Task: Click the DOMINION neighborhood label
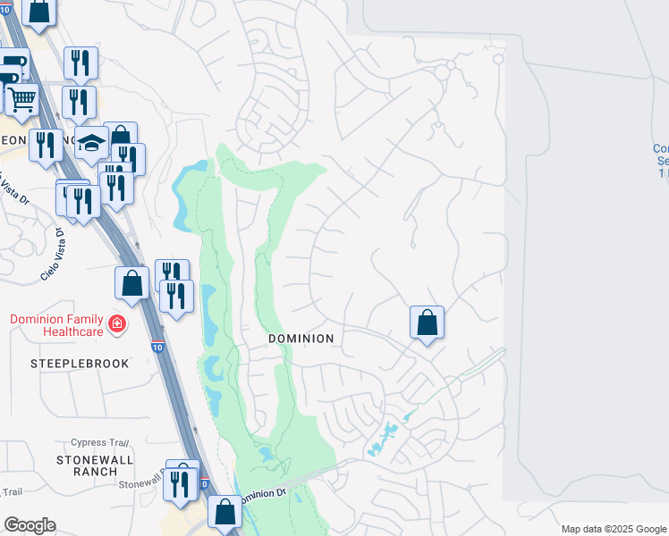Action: [x=301, y=339]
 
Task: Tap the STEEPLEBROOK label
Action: [x=80, y=364]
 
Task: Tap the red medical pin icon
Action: [x=115, y=323]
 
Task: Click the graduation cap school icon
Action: [x=91, y=142]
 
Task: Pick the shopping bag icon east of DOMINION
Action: [x=428, y=321]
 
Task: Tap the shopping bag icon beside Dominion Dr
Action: [x=224, y=512]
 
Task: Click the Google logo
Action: [x=30, y=525]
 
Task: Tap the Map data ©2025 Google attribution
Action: [x=613, y=529]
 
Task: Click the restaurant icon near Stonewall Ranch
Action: [x=183, y=482]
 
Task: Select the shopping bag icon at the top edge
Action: [x=39, y=11]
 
